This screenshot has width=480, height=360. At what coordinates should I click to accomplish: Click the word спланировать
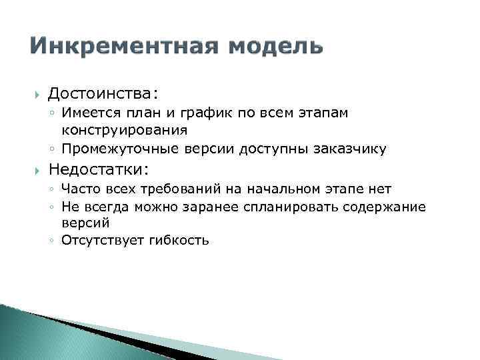point(299,207)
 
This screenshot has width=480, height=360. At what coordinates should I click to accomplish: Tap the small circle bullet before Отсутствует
point(51,240)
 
